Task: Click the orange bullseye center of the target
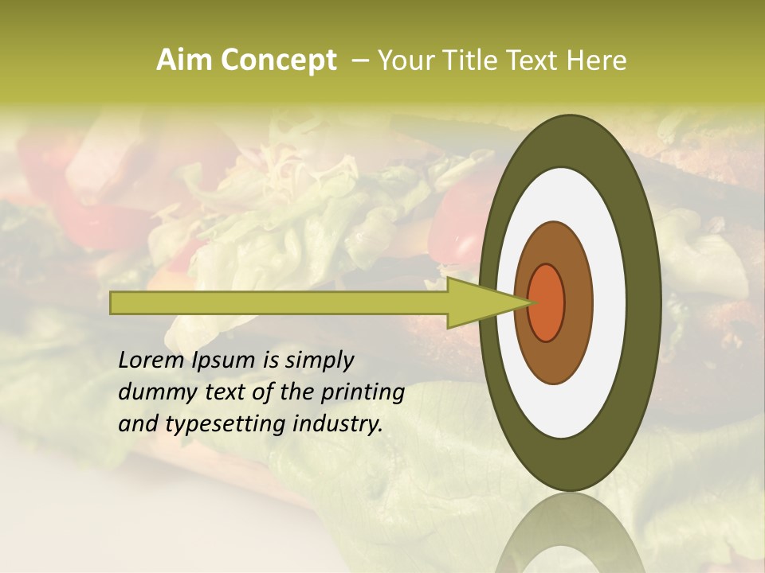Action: point(547,302)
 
